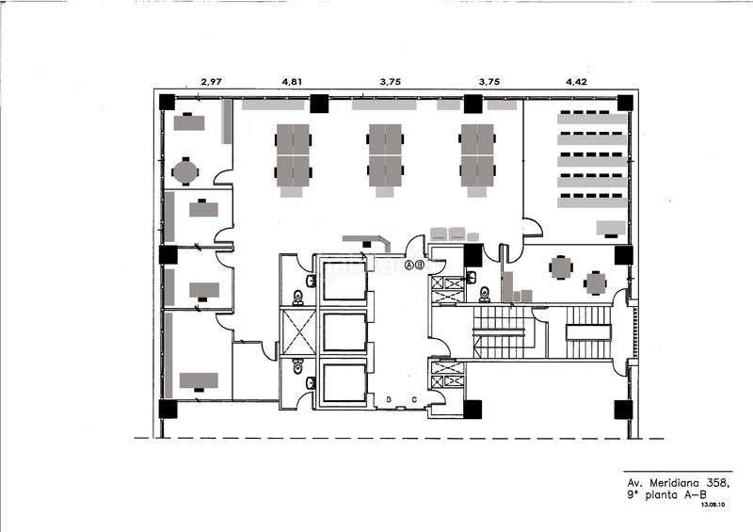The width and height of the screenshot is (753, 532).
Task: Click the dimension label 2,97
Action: pos(211,82)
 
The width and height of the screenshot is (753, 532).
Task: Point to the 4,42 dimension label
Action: pos(576,82)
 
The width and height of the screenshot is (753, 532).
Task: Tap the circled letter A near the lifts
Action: pos(409,266)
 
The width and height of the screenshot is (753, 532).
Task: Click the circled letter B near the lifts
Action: pos(420,266)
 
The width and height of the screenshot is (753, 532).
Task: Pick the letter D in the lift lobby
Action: pos(388,399)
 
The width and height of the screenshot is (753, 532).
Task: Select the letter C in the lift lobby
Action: pos(414,399)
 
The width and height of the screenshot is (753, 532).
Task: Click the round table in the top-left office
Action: pos(185,171)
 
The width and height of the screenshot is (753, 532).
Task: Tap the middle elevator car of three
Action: pos(343,331)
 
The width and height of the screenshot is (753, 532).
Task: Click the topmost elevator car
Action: pos(343,280)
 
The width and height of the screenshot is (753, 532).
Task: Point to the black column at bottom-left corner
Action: pos(168,409)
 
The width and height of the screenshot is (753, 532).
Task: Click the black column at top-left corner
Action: pos(167,103)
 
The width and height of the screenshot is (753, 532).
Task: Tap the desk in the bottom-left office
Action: pos(199,380)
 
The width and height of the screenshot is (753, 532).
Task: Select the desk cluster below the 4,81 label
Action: pos(293,156)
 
